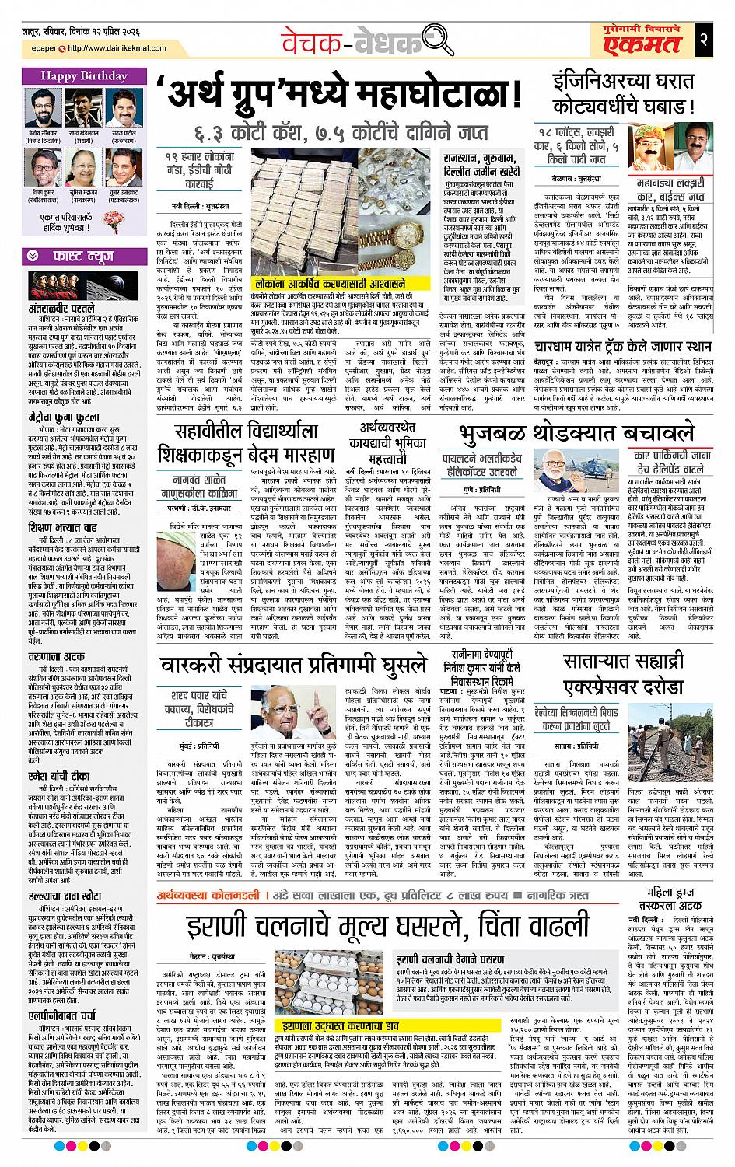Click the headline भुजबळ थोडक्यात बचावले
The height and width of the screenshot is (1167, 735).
tap(576, 435)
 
